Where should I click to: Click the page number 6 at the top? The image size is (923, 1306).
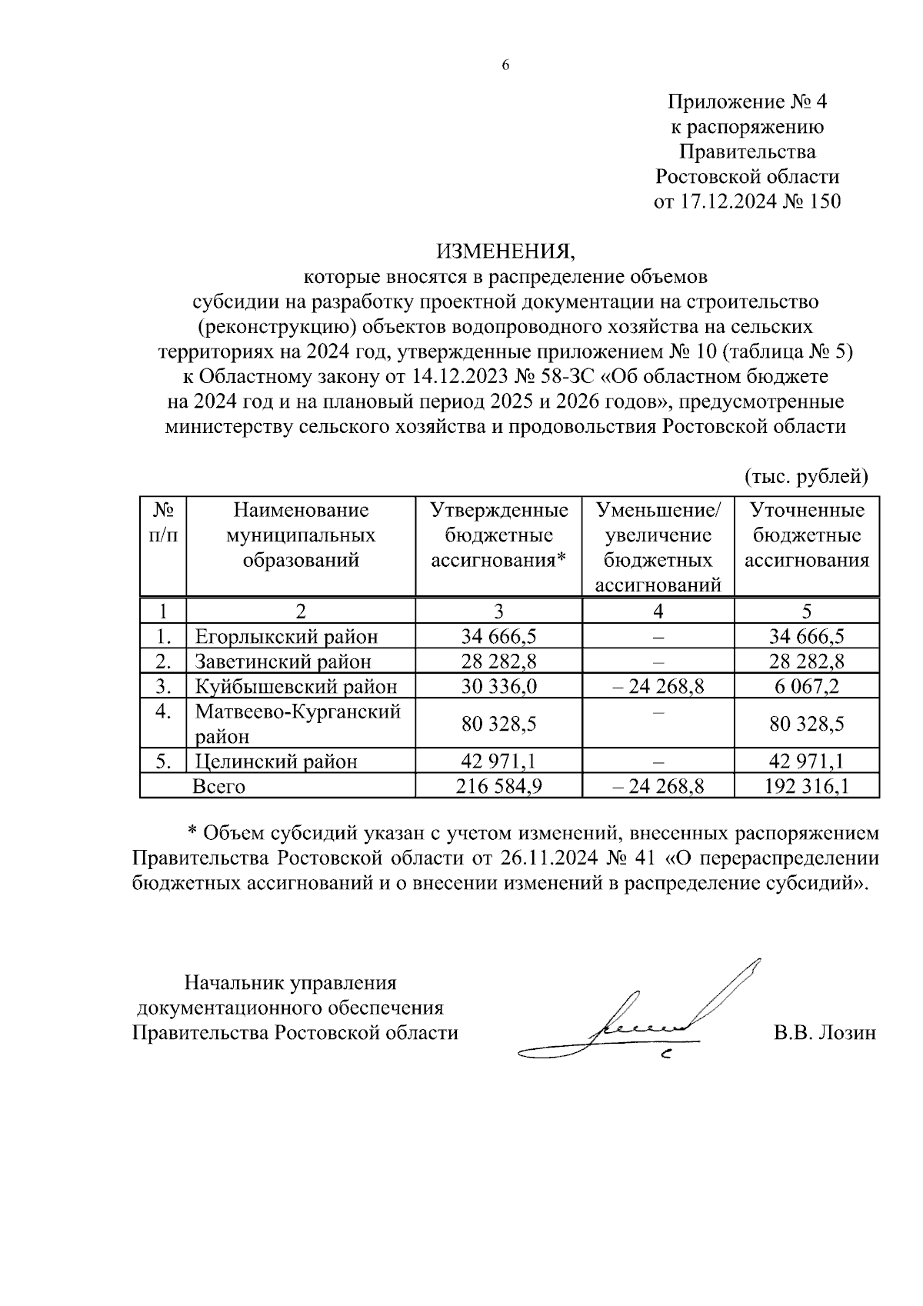pos(505,65)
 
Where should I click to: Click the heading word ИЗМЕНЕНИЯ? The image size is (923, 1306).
pos(505,251)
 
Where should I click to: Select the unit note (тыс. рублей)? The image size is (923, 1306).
pos(806,477)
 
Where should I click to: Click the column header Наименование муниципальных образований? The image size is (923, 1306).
pos(301,535)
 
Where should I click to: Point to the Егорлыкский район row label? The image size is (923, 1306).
pos(286,636)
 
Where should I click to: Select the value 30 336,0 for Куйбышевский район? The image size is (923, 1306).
pos(498,685)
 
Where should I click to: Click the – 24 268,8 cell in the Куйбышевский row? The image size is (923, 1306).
pos(658,685)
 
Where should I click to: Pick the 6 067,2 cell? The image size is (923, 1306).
pos(807,685)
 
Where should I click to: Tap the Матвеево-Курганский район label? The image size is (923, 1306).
pos(298,723)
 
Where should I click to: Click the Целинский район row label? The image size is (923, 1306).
pos(276,761)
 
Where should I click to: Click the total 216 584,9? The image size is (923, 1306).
pos(498,786)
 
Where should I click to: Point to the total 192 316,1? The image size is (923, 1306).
pos(807,786)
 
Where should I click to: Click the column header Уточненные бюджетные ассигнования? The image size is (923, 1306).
pos(807,535)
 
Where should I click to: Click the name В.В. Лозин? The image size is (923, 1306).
pos(825,1032)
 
